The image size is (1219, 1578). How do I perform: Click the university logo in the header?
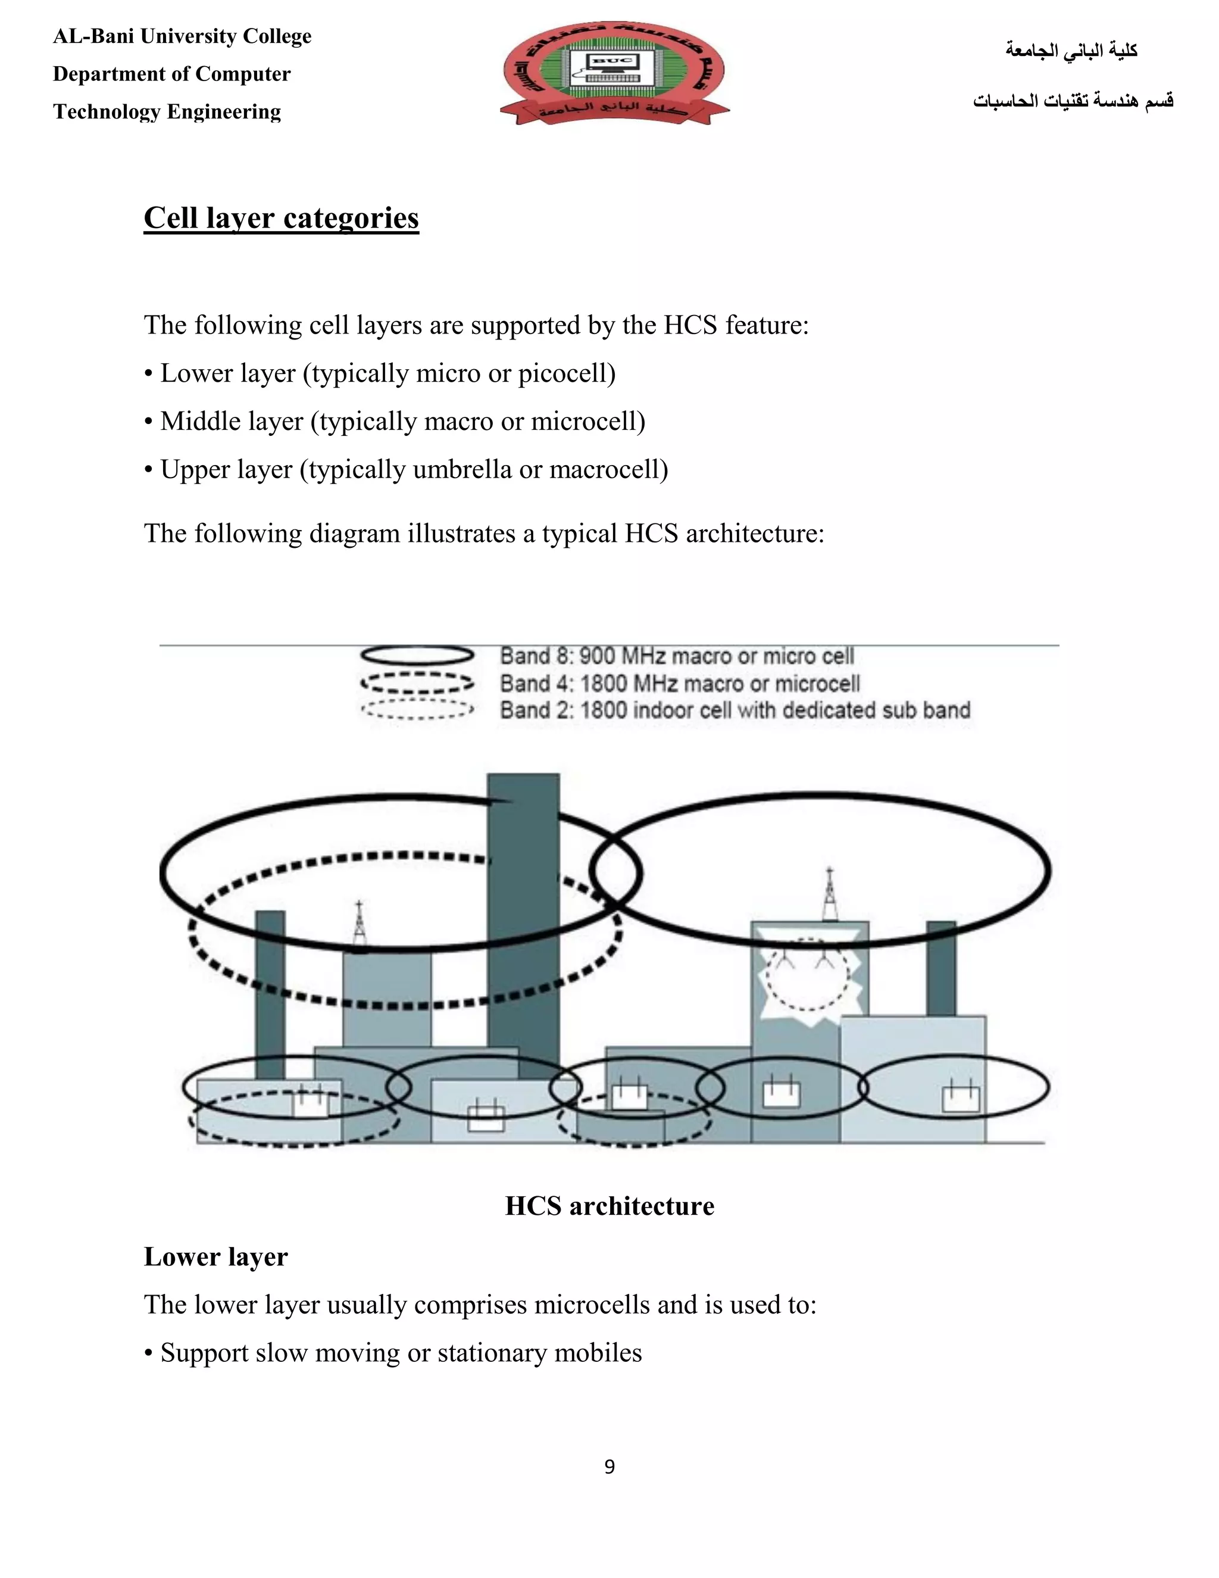(x=614, y=72)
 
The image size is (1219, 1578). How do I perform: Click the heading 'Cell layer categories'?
(x=281, y=217)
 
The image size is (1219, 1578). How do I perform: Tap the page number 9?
(x=609, y=1466)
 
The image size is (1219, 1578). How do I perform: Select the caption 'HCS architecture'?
(x=609, y=1206)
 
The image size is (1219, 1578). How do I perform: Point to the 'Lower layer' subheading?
(x=215, y=1257)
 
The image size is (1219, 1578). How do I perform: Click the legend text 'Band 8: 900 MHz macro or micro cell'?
(x=677, y=656)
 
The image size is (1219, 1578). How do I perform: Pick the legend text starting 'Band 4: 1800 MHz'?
(x=680, y=683)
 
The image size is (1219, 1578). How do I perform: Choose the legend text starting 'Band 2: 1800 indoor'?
(x=734, y=710)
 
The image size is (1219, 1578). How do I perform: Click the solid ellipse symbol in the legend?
(x=417, y=656)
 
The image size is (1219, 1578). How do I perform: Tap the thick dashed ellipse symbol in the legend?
(x=417, y=683)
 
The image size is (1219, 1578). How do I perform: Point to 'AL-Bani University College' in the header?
(x=182, y=36)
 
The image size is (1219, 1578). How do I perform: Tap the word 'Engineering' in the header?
(x=224, y=112)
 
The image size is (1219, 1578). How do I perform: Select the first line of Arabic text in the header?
(x=1071, y=51)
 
